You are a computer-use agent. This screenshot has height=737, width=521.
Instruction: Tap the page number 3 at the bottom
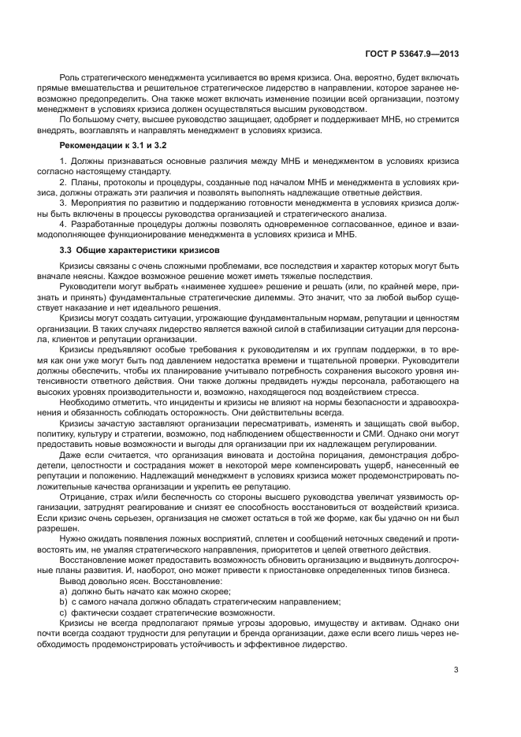coord(456,670)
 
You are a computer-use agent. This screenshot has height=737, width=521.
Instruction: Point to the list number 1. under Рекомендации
coord(63,162)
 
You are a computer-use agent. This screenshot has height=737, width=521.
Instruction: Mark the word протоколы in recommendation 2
coord(113,183)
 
